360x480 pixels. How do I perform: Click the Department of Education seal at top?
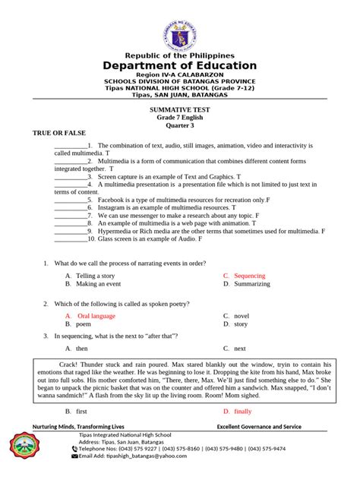180,29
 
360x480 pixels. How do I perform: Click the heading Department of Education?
180,66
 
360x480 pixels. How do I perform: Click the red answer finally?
242,411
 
